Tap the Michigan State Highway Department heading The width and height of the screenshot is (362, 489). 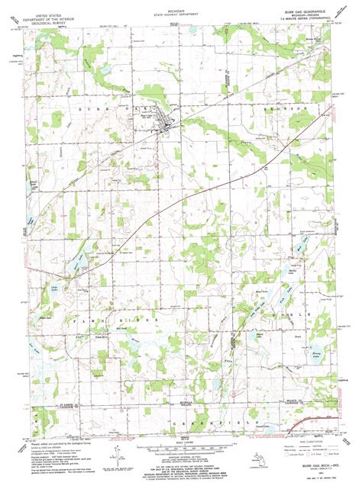pos(182,12)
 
